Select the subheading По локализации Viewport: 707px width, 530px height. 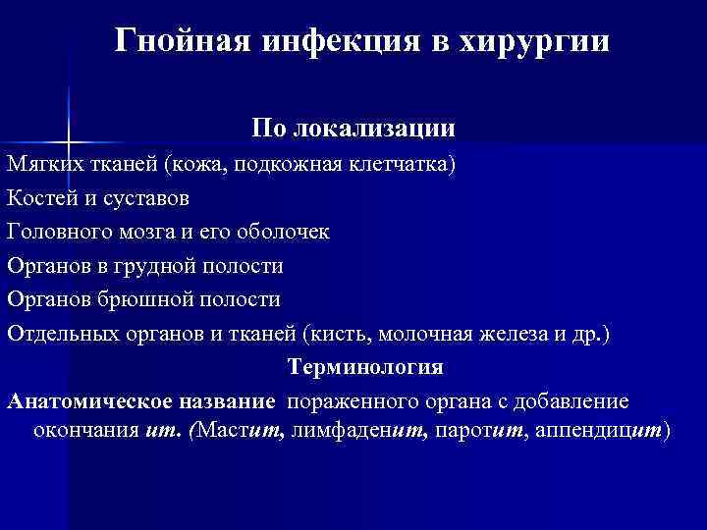[353, 129]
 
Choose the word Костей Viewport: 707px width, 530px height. [40, 197]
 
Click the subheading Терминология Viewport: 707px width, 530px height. [364, 368]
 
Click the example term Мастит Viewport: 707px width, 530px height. [241, 430]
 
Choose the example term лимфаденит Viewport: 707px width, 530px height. [355, 430]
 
